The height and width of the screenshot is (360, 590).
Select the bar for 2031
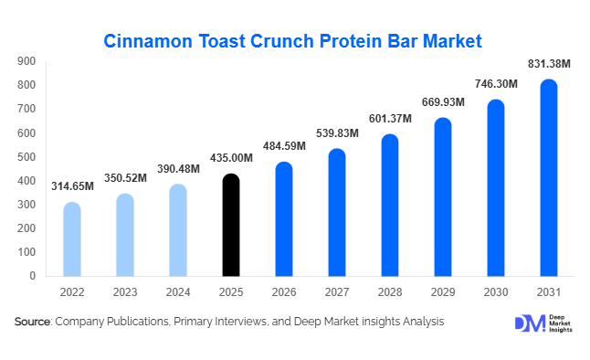coord(549,177)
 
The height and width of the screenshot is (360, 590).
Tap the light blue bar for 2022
coord(72,238)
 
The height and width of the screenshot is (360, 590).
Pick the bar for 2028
coord(390,205)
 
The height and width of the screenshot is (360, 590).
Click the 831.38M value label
coord(549,64)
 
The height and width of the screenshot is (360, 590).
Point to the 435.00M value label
coord(231,158)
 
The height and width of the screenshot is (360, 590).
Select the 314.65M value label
coord(72,186)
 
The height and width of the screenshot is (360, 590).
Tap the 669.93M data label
coord(443,102)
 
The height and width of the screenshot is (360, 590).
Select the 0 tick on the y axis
coord(32,276)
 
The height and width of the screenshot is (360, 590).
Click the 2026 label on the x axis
coord(284,291)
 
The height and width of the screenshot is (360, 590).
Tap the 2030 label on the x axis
coord(496,291)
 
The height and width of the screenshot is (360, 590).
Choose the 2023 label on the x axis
coord(125,291)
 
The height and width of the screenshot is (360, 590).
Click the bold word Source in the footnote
coord(32,322)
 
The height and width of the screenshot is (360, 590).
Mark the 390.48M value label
coord(178,169)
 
